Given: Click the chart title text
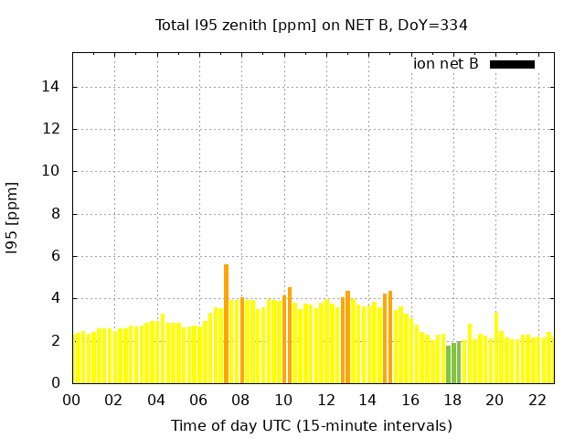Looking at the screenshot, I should point(312,25).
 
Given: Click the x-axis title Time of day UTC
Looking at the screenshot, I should point(312,425).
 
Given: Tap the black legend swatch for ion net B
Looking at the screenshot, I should point(512,64).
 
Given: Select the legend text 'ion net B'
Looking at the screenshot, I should point(446,64).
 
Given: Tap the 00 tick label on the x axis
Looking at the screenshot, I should point(71,400).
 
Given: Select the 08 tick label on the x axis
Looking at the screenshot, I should point(240,400).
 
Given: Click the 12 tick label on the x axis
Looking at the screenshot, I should point(325,400).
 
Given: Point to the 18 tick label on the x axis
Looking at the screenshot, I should point(452,400).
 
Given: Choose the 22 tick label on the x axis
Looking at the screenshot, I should point(537,400).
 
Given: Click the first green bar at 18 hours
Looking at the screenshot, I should point(448,365).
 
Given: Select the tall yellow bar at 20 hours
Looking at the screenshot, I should point(496,348).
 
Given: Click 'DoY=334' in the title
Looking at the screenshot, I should point(436,25).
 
